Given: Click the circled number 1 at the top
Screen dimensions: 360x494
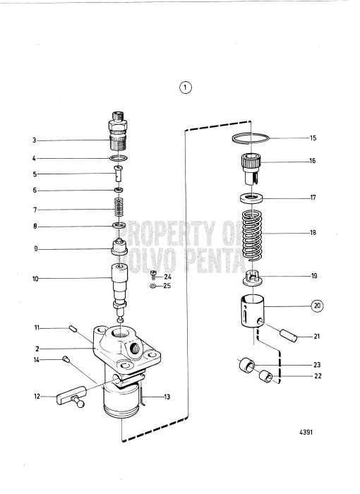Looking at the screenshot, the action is tap(186, 88).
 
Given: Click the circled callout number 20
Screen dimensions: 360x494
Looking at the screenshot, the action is tap(317, 306).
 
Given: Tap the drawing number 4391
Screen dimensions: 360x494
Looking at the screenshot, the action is tap(306, 432).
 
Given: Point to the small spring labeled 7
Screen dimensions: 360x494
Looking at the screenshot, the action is tap(119, 207).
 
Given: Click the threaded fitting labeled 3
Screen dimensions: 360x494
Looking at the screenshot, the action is tap(119, 131).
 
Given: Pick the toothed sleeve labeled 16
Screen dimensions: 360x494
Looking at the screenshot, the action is tap(251, 169).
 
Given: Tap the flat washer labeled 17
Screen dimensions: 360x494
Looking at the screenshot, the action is tap(251, 198).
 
